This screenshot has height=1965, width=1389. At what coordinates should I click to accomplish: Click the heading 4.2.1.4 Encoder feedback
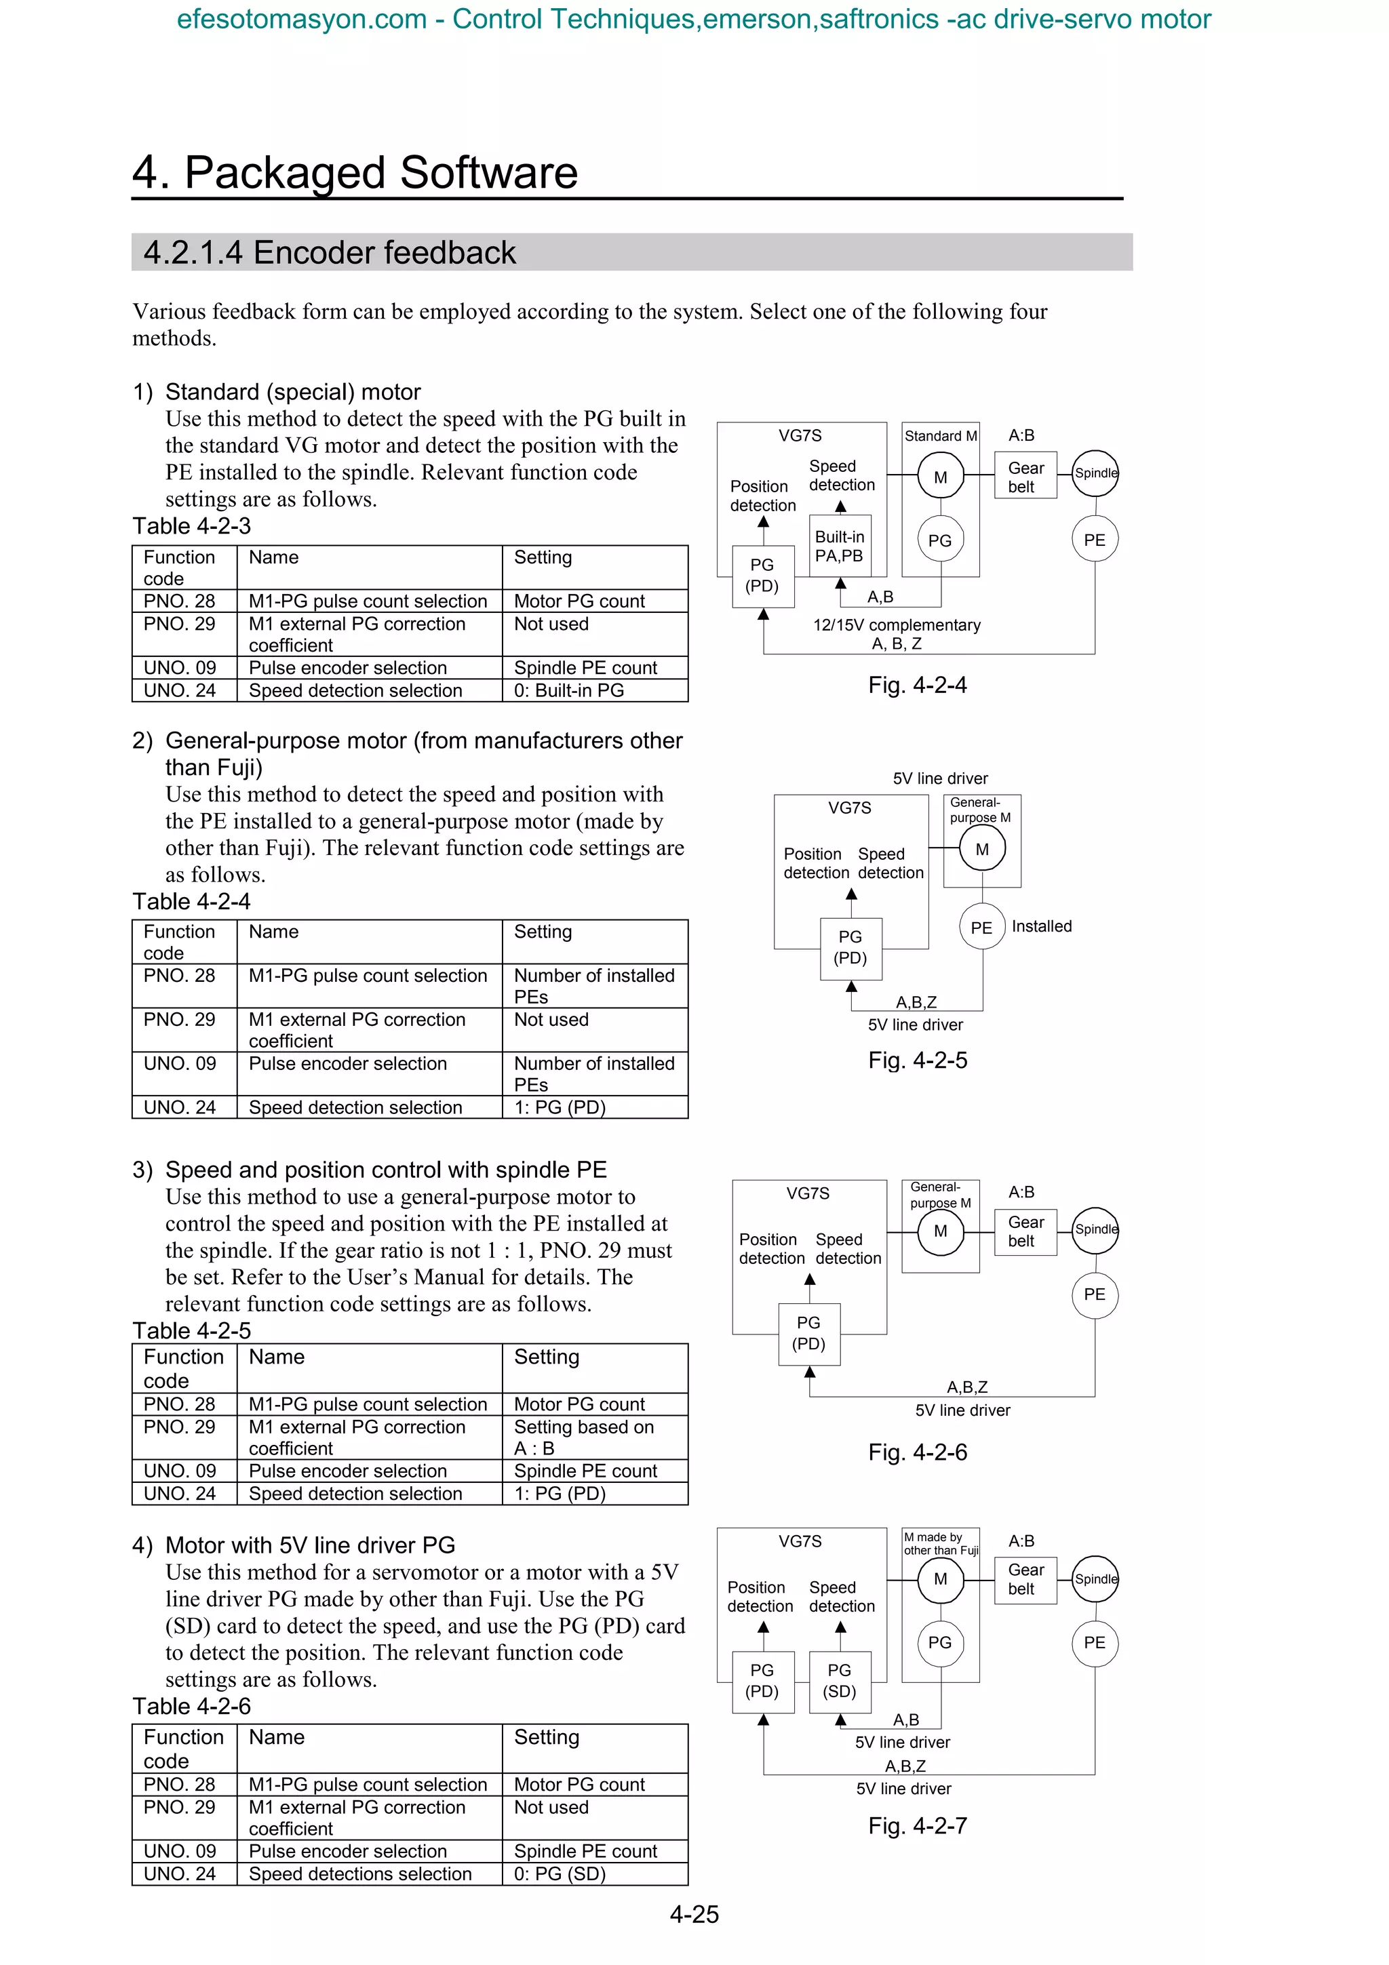[x=330, y=252]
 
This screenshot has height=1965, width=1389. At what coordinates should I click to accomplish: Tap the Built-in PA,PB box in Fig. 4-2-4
[x=840, y=546]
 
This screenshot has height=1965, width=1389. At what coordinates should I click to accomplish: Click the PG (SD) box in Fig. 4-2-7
[x=839, y=1680]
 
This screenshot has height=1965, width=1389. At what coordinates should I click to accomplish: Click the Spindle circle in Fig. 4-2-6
[x=1095, y=1229]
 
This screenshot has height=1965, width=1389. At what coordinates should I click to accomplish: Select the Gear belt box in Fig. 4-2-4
[x=1025, y=477]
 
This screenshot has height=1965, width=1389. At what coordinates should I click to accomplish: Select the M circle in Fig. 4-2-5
[x=981, y=849]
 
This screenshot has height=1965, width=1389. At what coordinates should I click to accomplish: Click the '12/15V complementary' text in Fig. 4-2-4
[x=896, y=624]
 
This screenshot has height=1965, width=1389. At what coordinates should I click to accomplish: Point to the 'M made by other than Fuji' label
[x=940, y=1543]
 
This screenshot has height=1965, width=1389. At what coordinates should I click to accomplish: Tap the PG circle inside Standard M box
[x=940, y=540]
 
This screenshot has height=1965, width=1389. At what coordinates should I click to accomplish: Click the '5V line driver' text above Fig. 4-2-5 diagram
[x=940, y=778]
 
